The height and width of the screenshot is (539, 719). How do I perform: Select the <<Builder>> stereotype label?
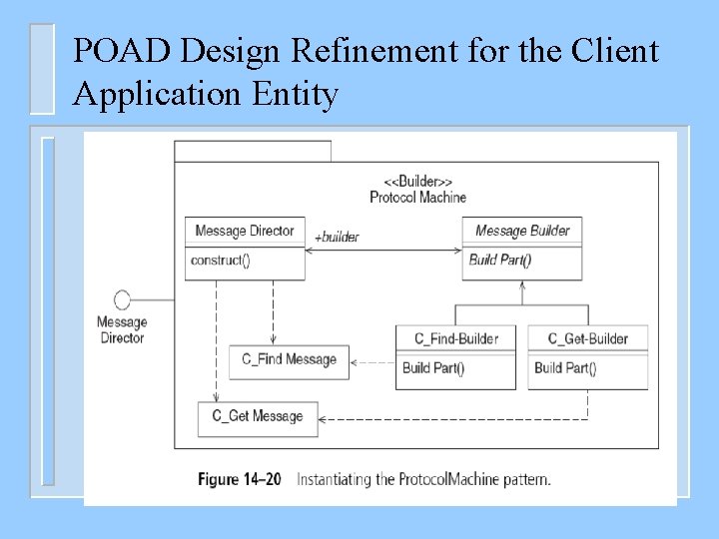tap(417, 181)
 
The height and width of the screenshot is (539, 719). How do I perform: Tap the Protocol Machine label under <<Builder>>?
tap(417, 197)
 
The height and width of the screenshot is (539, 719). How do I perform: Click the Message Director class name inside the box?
tap(245, 231)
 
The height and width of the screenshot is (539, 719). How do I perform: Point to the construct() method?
tap(220, 261)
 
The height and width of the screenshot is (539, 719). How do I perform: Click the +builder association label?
tap(337, 238)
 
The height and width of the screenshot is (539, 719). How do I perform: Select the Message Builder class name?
tap(522, 231)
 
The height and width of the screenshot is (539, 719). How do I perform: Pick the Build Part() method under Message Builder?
tap(500, 261)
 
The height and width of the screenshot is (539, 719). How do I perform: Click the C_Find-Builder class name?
tap(455, 338)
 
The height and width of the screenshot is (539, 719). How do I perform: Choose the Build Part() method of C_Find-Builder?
tap(433, 367)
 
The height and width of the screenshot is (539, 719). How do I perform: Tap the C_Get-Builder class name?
tap(588, 338)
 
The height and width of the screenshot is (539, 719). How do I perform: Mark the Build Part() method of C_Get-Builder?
tap(565, 367)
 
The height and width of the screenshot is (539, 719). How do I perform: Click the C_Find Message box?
tap(290, 360)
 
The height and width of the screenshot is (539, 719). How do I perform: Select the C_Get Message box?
tap(258, 416)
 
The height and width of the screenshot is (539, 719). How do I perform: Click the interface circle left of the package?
tap(122, 299)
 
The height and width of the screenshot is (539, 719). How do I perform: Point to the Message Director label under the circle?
tap(122, 329)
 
